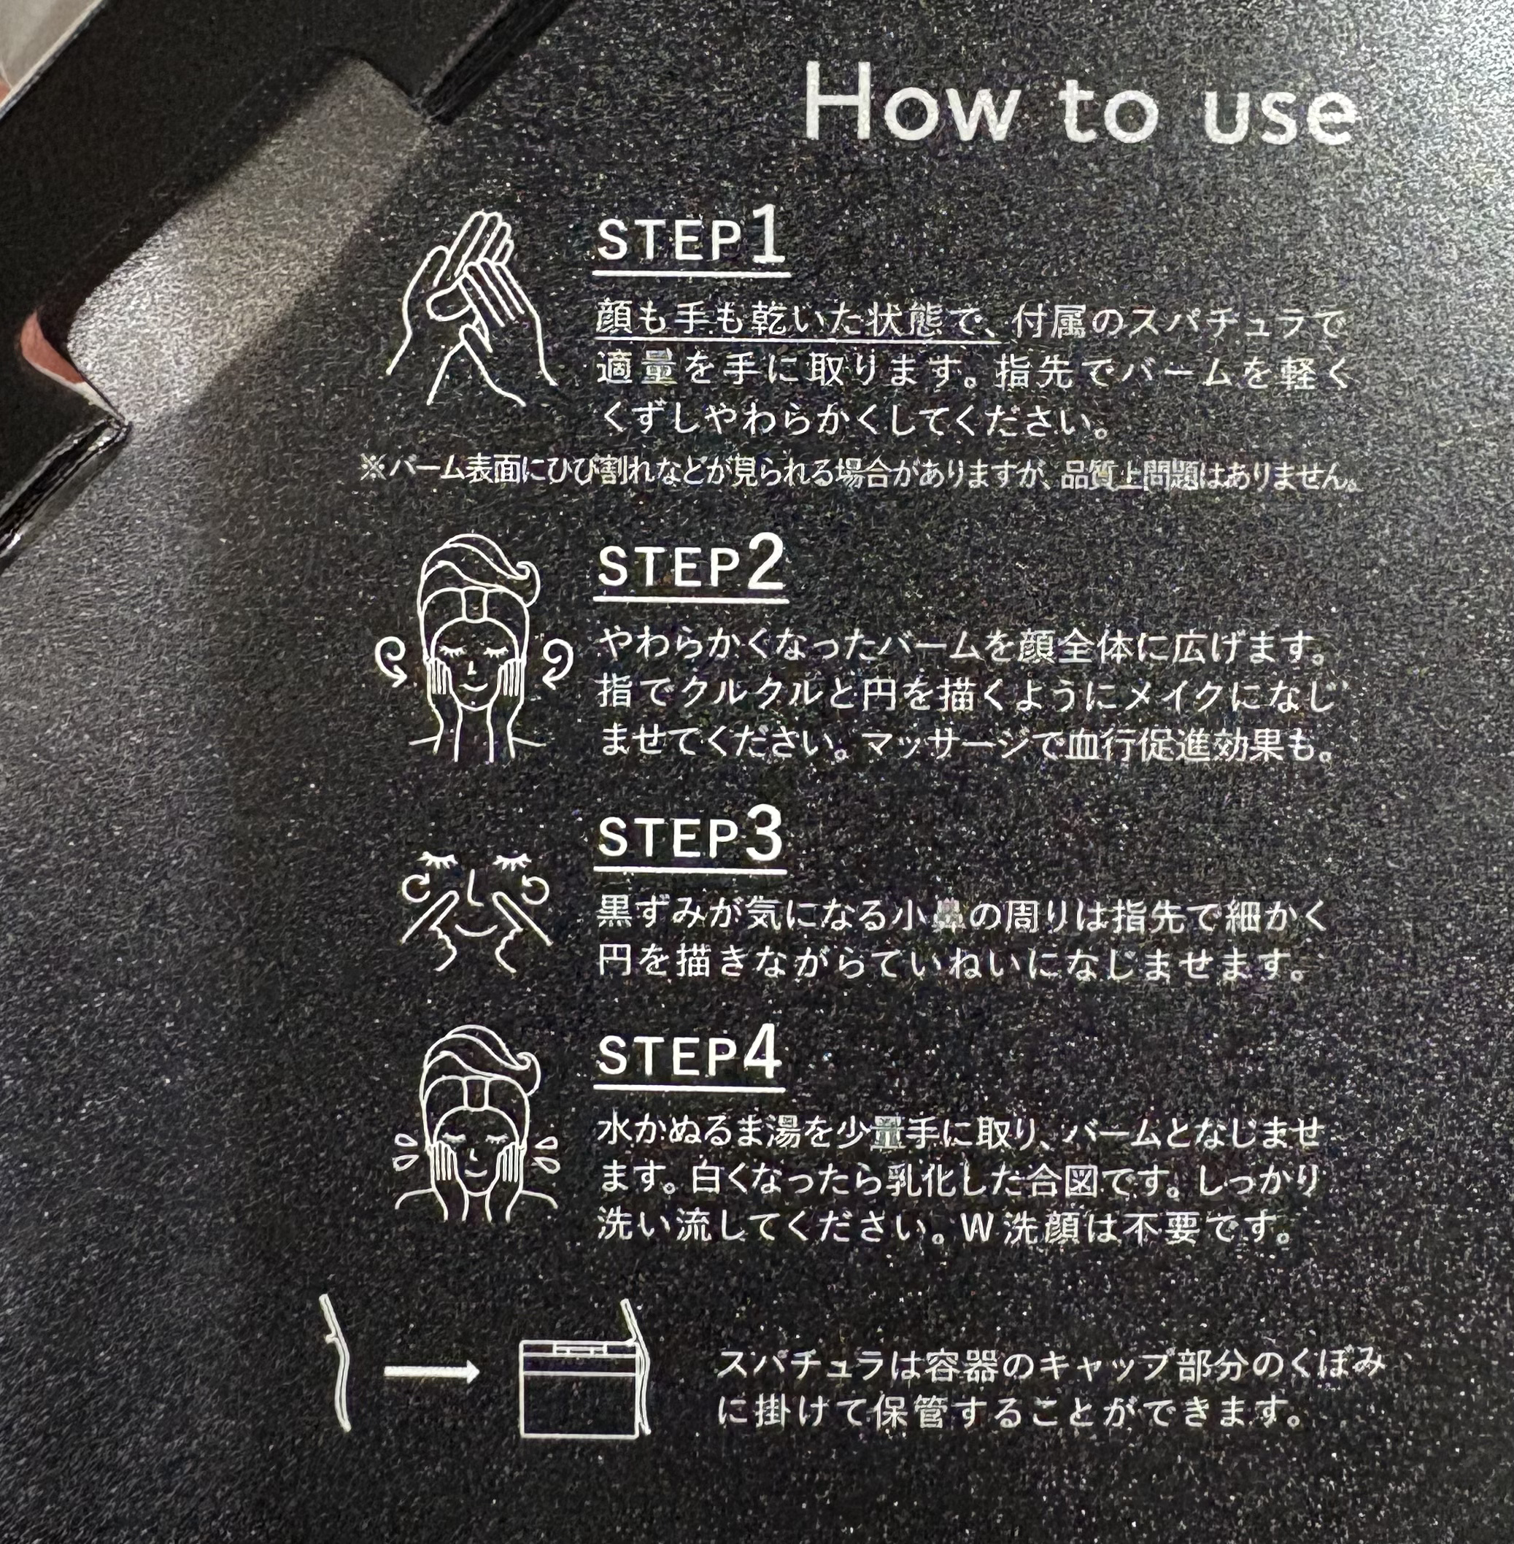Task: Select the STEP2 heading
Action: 690,567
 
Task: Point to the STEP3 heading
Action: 690,837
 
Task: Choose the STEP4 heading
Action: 689,1055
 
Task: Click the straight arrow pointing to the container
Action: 432,1370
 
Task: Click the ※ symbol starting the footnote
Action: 372,471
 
